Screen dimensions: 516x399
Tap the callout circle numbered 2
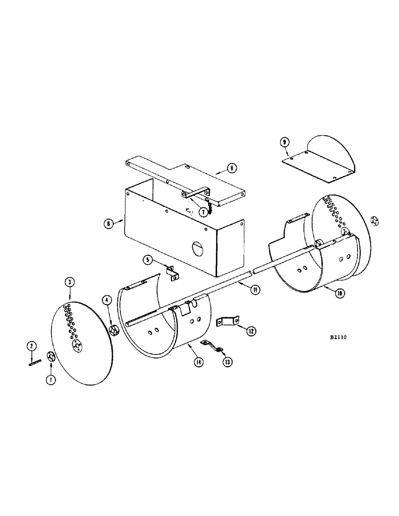pos(32,345)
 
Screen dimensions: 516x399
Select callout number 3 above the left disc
pos(69,282)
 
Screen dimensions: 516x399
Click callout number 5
pos(148,260)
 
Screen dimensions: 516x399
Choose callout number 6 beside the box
pos(108,223)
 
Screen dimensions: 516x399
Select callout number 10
pos(340,293)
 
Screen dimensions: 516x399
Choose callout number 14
pos(198,362)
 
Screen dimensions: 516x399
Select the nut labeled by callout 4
pos(114,329)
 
